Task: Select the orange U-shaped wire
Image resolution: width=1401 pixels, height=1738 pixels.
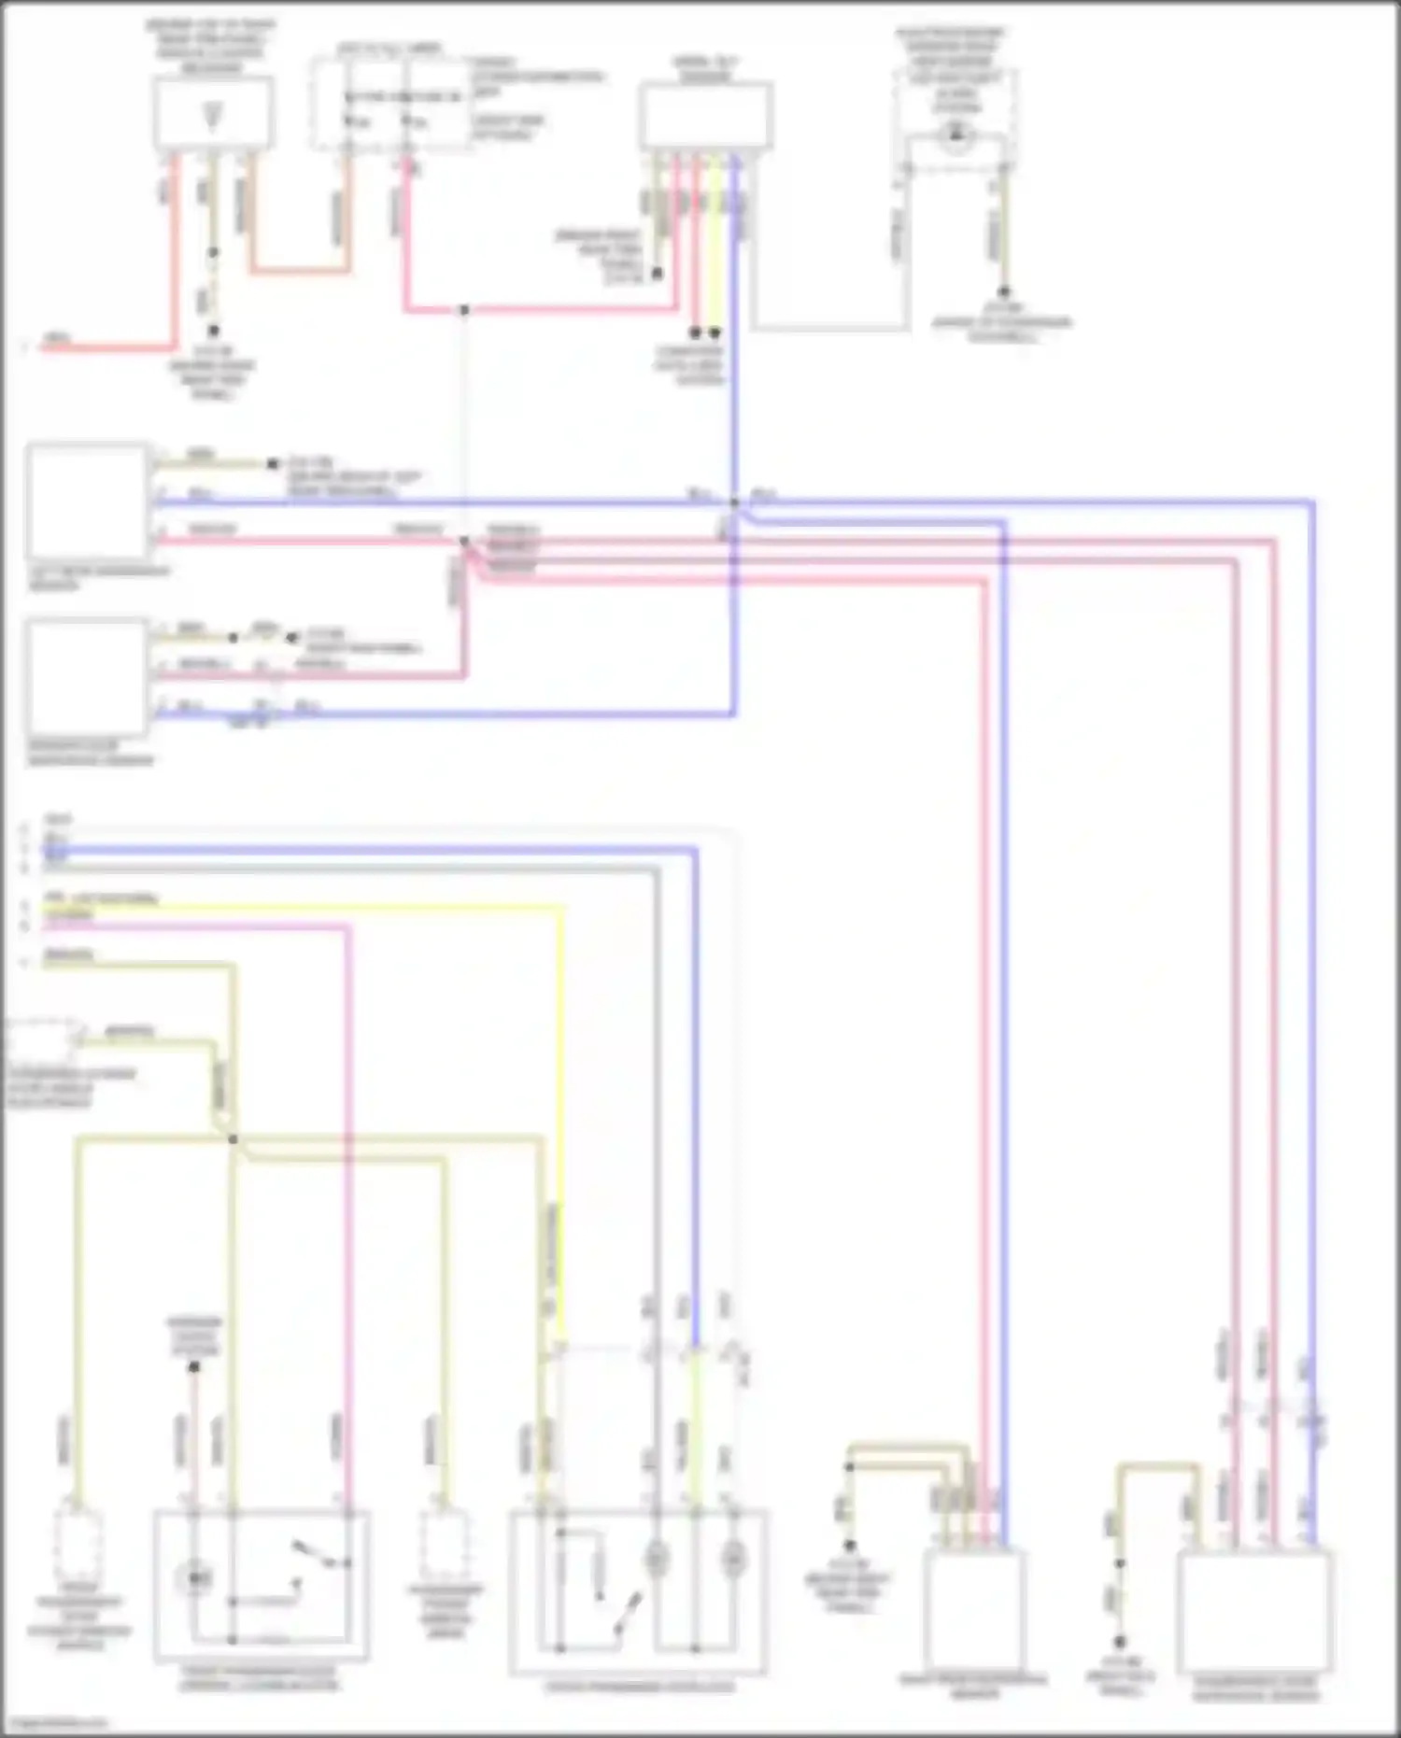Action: point(299,272)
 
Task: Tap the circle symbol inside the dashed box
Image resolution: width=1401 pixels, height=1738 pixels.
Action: point(955,138)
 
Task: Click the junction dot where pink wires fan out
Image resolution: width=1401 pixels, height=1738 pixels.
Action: point(464,542)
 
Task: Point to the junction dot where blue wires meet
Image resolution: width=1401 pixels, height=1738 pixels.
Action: point(735,503)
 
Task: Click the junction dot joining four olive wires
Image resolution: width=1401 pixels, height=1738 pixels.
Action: point(233,1139)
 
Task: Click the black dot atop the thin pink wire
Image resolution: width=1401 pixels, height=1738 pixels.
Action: point(194,1367)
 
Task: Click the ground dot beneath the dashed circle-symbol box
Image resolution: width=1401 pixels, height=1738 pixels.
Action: point(1004,292)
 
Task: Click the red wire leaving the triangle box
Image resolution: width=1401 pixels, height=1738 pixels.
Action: point(174,261)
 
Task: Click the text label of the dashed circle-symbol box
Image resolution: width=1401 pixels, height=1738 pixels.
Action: point(949,70)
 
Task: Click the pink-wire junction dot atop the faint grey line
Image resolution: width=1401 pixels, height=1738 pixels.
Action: point(464,310)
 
